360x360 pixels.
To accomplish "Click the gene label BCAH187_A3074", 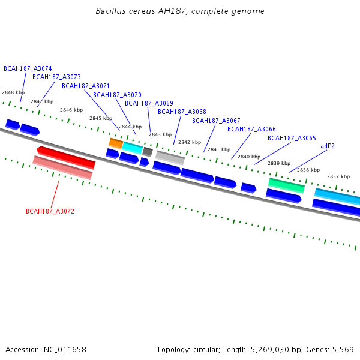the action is click(28, 68).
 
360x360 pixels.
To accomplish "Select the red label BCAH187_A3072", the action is click(50, 211).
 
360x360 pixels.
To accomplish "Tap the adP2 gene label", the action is click(328, 146).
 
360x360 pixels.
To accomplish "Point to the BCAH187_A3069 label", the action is click(149, 103).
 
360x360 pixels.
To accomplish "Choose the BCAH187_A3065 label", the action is click(292, 138).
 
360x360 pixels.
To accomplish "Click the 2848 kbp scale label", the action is click(13, 92).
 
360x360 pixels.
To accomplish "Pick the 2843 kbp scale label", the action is click(160, 134).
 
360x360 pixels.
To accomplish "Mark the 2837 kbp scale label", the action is click(338, 176).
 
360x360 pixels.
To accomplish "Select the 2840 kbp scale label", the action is click(249, 157).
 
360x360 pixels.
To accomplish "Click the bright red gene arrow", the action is click(66, 157).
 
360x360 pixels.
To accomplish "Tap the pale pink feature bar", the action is click(62, 167).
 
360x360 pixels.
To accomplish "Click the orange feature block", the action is click(116, 144).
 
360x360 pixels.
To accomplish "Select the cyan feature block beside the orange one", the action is click(133, 148).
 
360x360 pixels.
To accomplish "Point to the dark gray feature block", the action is click(148, 152).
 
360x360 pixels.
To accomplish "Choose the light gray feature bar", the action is click(170, 158).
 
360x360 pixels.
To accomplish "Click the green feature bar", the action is click(287, 185).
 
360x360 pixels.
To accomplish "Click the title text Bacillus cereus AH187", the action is click(141, 11).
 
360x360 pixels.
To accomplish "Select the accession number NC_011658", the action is click(65, 349).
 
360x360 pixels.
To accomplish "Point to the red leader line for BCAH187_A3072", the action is click(55, 194).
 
